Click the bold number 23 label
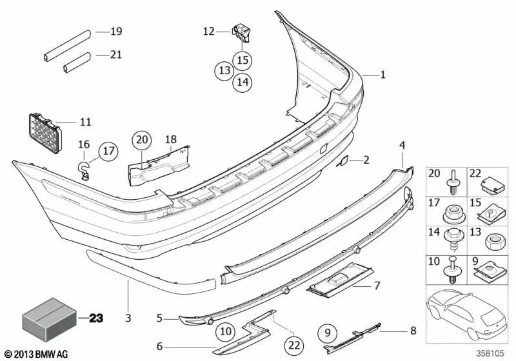[96, 317]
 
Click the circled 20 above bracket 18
[142, 140]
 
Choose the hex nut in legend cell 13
[493, 240]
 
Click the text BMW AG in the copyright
[52, 355]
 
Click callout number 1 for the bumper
[382, 75]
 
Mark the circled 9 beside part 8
[328, 333]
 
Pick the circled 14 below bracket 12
[242, 82]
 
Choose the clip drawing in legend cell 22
[493, 184]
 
